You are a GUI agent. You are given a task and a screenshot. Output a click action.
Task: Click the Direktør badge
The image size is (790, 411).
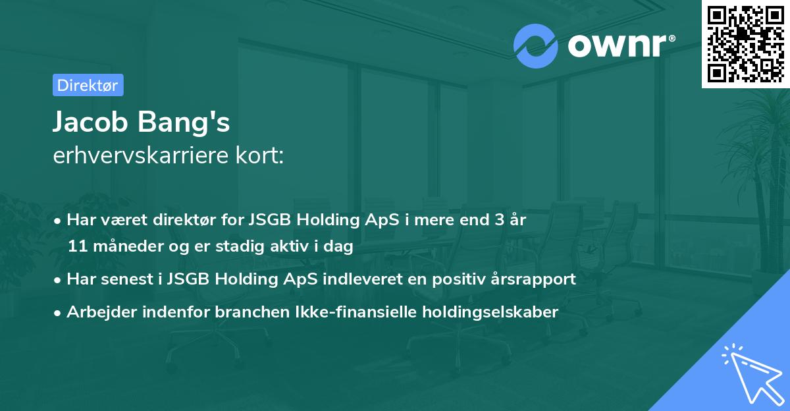[88, 85]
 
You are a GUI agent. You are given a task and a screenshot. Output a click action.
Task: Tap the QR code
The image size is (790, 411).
[745, 43]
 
